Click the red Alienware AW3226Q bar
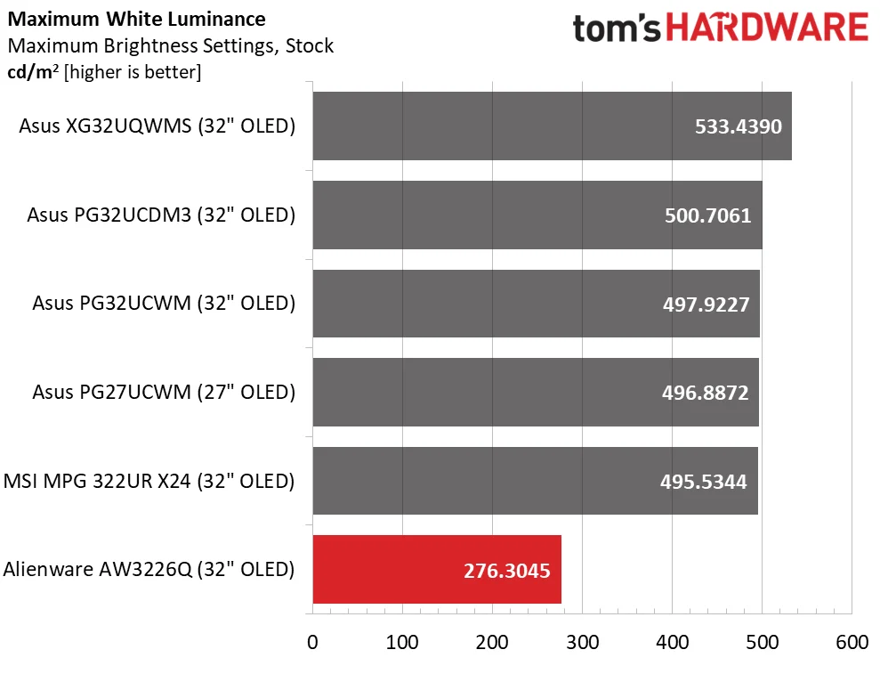(x=437, y=570)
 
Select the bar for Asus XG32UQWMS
(x=553, y=126)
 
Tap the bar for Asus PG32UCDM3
(x=537, y=215)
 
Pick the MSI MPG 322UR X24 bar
(x=536, y=481)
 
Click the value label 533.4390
(x=738, y=126)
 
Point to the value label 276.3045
(x=507, y=571)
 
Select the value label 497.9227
(x=706, y=305)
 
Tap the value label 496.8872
(x=706, y=393)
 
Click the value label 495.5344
(x=704, y=482)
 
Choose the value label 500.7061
(x=707, y=215)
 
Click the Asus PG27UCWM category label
(x=164, y=392)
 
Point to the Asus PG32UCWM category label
(x=164, y=304)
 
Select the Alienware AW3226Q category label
(x=149, y=570)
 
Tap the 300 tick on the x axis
(x=583, y=642)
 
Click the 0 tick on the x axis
(x=312, y=642)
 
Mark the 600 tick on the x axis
(x=852, y=642)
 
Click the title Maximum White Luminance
(x=136, y=19)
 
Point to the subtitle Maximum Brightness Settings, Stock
(x=171, y=45)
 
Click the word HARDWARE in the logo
(x=767, y=28)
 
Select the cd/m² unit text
(x=33, y=72)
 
